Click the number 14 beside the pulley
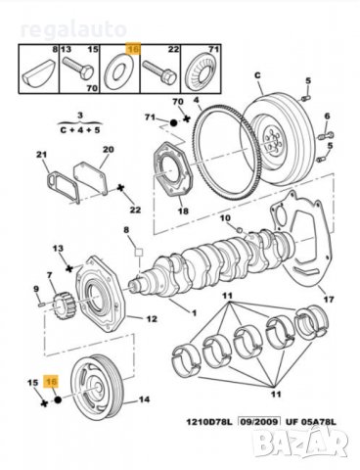click(x=144, y=400)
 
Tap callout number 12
click(x=152, y=318)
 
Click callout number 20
click(x=108, y=149)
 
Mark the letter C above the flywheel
click(x=258, y=74)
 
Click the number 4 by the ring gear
click(x=196, y=100)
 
